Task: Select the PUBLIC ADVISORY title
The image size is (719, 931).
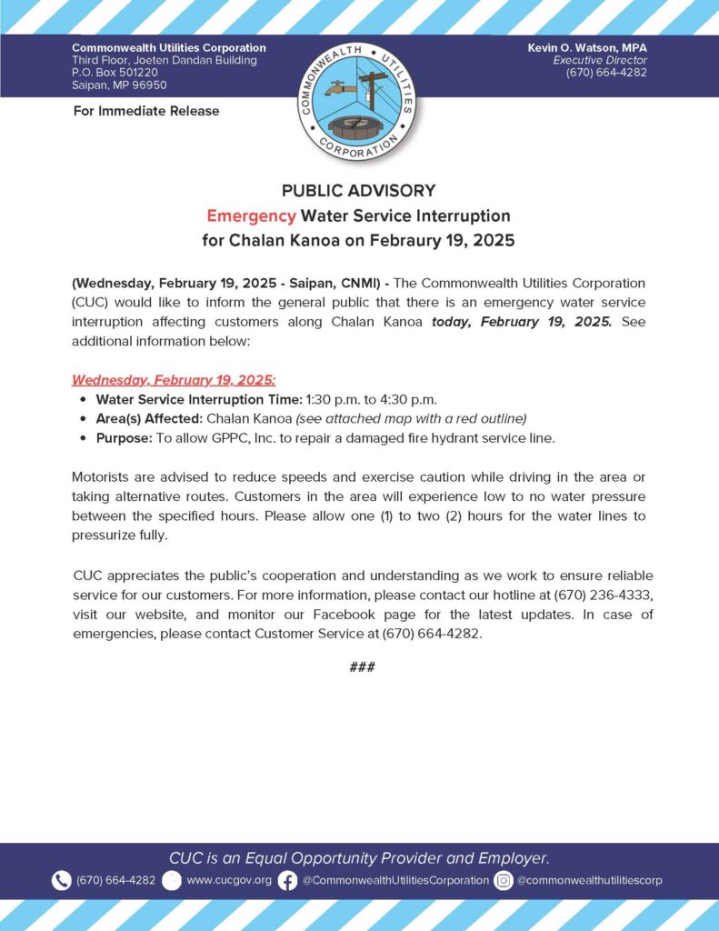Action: [x=358, y=191]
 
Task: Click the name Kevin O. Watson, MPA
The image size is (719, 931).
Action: [x=587, y=47]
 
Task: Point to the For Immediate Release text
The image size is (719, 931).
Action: [x=145, y=111]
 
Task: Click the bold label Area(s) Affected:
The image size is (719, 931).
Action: [x=149, y=418]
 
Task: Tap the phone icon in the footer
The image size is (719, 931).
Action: [x=61, y=880]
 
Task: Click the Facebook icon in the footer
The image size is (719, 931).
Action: [x=287, y=880]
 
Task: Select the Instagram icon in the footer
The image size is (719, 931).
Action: [x=504, y=880]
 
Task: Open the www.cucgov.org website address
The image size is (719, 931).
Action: [x=229, y=880]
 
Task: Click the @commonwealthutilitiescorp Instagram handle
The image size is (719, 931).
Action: [x=590, y=880]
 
